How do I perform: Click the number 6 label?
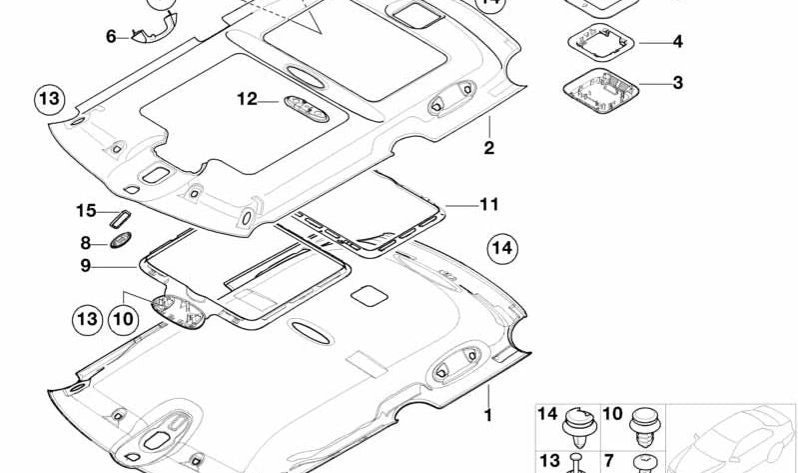pos(111,37)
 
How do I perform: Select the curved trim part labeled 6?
pos(154,30)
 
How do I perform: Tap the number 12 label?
pos(247,99)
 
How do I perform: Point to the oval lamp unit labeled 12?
pos(306,109)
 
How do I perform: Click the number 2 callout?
pos(488,148)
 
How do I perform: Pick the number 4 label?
pos(677,41)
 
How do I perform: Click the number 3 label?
pos(677,83)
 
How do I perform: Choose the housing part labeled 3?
pos(600,90)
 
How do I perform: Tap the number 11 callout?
pos(489,204)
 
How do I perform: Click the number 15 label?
pos(86,210)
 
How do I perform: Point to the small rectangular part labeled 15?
pos(120,218)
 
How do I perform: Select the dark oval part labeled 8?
pos(121,240)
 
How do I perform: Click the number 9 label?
pos(85,265)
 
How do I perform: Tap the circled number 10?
pos(123,320)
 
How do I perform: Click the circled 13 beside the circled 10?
pos(87,320)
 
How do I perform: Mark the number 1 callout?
pos(488,415)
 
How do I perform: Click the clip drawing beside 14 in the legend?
pos(579,427)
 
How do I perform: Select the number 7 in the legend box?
pos(609,461)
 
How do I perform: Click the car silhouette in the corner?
pos(731,439)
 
